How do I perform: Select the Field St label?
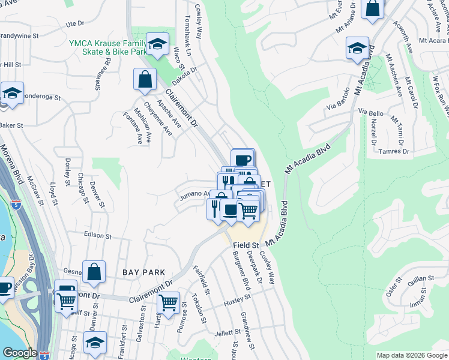coord(246,245)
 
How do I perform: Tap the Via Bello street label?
coord(371,112)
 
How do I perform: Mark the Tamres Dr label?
coord(394,151)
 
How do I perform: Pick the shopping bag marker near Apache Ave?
coord(145,79)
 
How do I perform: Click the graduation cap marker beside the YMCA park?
coord(157,43)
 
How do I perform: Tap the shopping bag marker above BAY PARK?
coord(94,272)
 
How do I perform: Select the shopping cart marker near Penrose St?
coord(169,302)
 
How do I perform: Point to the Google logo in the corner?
coord(20,353)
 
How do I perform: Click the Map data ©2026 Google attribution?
coord(412,355)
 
